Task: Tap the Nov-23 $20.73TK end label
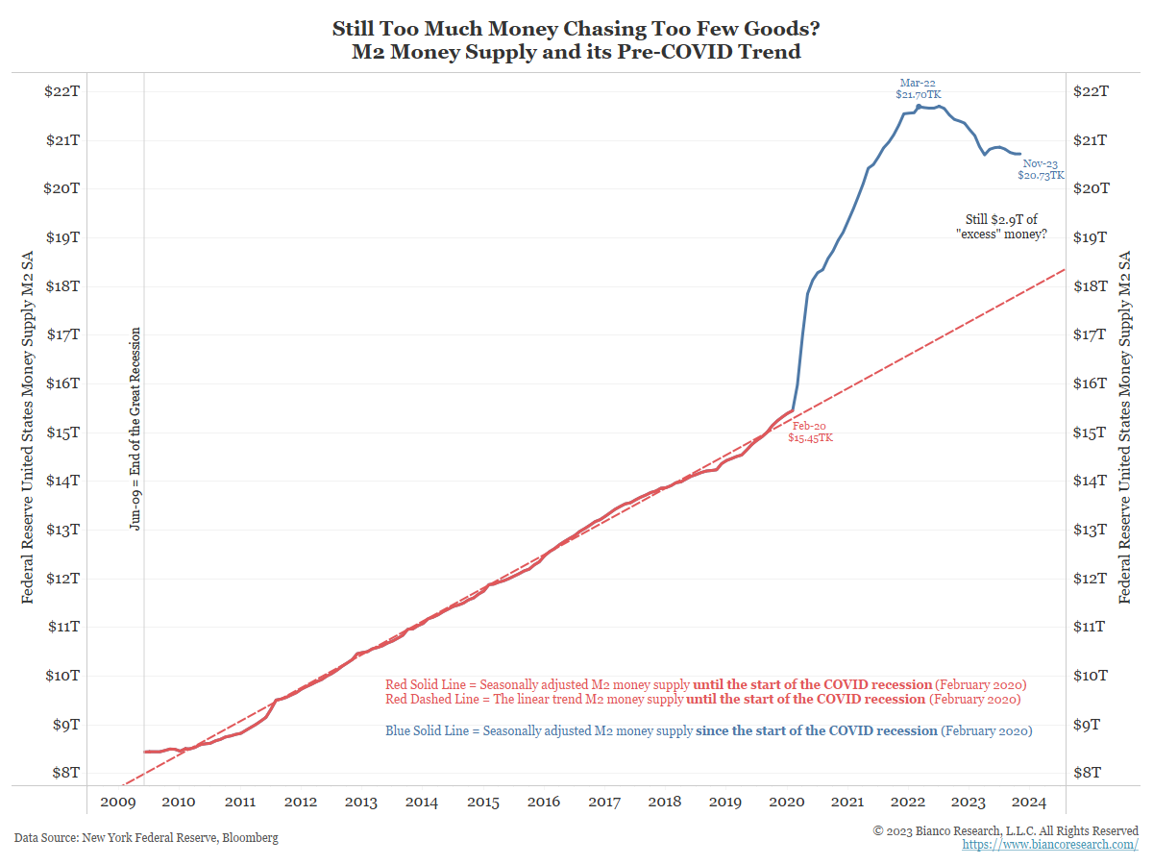[1041, 170]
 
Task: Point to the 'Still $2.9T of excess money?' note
[1001, 227]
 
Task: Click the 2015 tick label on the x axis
[482, 802]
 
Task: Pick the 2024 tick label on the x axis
[1029, 802]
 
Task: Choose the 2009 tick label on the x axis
[118, 802]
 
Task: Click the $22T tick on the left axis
[61, 91]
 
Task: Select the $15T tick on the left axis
[61, 432]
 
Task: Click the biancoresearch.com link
[1050, 845]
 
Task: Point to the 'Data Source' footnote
[146, 838]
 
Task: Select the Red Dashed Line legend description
[702, 699]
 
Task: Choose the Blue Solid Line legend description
[708, 731]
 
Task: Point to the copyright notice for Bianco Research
[1005, 830]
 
